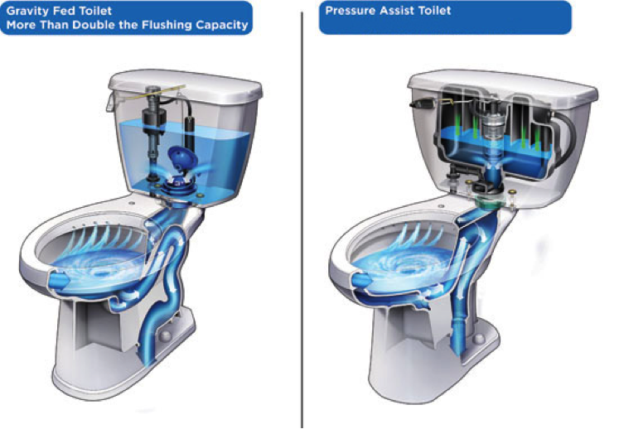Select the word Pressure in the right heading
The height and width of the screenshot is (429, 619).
(x=351, y=10)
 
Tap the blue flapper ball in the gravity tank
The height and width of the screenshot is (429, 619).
(x=181, y=159)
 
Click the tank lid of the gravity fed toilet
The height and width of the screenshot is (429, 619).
(x=186, y=84)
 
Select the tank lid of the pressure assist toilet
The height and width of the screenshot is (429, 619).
(x=502, y=86)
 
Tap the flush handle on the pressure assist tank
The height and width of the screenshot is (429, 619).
(x=421, y=104)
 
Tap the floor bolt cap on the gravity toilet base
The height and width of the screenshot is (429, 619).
(x=165, y=335)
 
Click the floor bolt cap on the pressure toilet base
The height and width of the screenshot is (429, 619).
(x=479, y=339)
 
